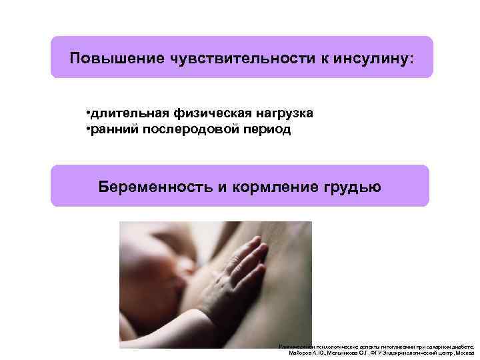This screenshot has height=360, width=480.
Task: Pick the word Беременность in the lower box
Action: pos(155,186)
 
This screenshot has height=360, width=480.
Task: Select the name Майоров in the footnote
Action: pos(301,353)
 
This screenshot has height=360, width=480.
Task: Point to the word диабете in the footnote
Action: pos(462,347)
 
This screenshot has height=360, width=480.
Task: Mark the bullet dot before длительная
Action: pos(89,112)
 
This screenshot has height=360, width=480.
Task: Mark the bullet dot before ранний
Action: pos(89,129)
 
